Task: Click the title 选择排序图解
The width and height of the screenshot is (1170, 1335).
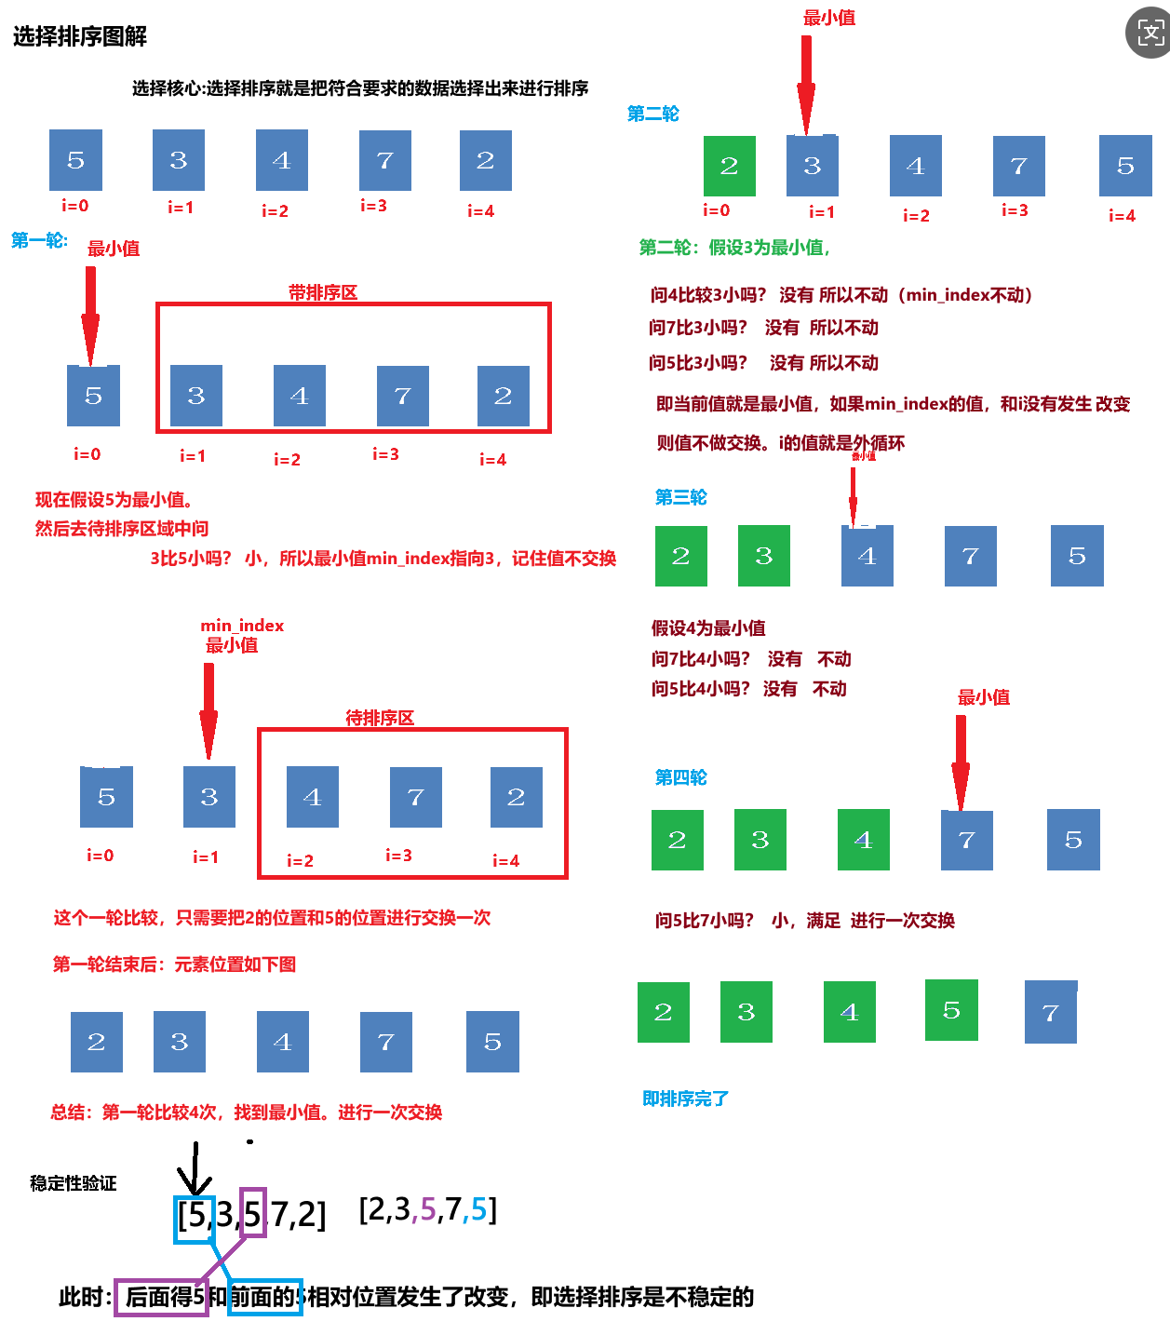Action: [80, 36]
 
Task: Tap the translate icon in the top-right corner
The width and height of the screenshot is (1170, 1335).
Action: [1150, 34]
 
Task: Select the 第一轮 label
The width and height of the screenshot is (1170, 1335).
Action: [39, 240]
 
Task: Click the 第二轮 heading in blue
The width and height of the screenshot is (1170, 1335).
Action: [652, 114]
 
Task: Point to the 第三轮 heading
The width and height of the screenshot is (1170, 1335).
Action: [680, 497]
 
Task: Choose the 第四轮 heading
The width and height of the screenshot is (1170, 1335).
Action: [680, 777]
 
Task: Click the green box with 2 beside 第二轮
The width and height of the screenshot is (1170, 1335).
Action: [729, 166]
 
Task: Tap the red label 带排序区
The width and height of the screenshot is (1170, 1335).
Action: [323, 292]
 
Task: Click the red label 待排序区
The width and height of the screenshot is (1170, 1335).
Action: [380, 718]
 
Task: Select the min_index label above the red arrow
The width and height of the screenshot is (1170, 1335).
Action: [242, 626]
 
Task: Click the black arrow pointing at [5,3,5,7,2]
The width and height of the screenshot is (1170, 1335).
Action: [194, 1168]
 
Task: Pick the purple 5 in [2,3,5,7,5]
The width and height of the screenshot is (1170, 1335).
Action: [428, 1209]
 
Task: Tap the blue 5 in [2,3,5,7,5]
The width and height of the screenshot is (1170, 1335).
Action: [478, 1209]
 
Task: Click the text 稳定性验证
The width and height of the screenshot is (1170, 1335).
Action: [74, 1183]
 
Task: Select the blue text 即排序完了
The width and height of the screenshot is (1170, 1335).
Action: [685, 1099]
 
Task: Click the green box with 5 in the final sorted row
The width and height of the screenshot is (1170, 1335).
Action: [951, 1010]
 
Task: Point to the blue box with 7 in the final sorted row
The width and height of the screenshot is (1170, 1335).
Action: [1051, 1012]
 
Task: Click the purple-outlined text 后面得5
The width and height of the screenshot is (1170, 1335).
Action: [163, 1297]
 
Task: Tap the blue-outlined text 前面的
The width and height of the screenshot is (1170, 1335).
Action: [264, 1297]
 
